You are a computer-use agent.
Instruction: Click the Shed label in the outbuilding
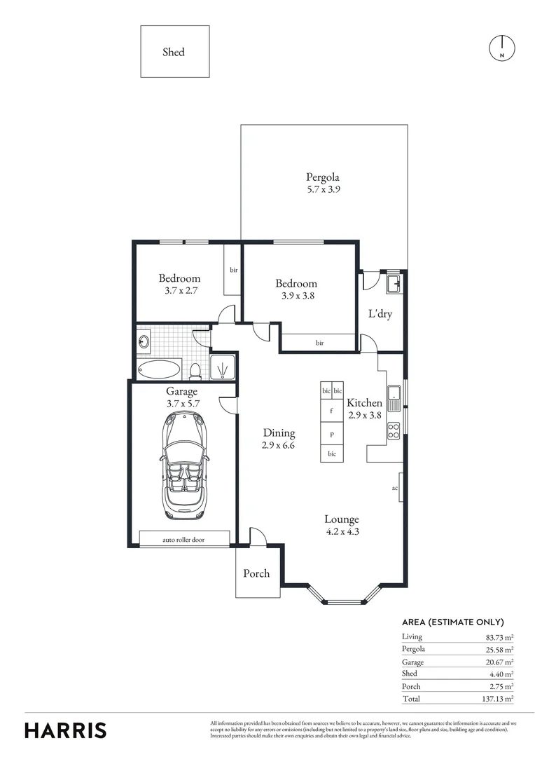pyautogui.click(x=174, y=52)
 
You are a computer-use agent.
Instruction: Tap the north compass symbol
pyautogui.click(x=502, y=47)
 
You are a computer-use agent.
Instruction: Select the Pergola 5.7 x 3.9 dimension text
pyautogui.click(x=323, y=189)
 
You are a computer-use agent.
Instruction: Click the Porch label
pyautogui.click(x=256, y=573)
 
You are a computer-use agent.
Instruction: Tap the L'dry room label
pyautogui.click(x=380, y=314)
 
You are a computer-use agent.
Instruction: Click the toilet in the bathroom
pyautogui.click(x=197, y=369)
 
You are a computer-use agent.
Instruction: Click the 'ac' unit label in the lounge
pyautogui.click(x=395, y=488)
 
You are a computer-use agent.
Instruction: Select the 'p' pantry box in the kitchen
pyautogui.click(x=331, y=435)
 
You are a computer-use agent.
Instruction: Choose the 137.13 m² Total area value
pyautogui.click(x=499, y=699)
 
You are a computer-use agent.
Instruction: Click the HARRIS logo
pyautogui.click(x=66, y=730)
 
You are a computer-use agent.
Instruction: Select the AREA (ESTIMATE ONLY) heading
pyautogui.click(x=453, y=622)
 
